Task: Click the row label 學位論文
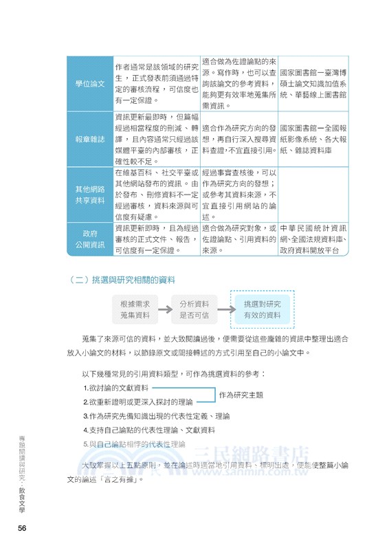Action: click(89, 83)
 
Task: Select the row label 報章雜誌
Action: click(89, 139)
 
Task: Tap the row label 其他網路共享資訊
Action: click(89, 194)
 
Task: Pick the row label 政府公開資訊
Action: click(89, 239)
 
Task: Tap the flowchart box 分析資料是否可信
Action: click(194, 309)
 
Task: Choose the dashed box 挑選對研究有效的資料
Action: click(258, 309)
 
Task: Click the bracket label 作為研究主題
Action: click(241, 395)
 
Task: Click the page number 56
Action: click(23, 527)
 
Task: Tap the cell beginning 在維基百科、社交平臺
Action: click(157, 194)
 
